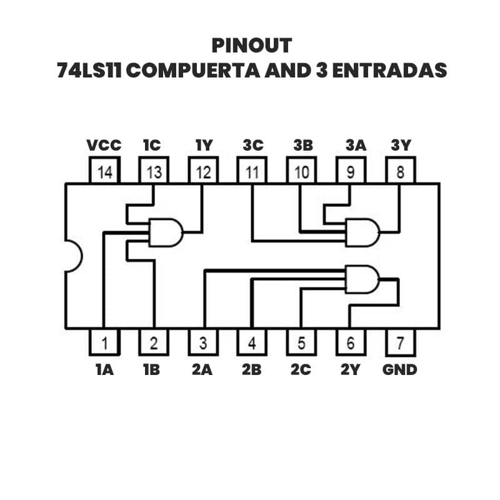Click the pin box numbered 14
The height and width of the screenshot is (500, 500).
[104, 172]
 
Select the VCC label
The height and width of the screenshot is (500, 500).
[104, 146]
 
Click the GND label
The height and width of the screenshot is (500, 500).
[400, 369]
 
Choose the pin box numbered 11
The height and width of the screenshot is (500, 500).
[252, 172]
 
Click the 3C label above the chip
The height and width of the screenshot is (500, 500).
[253, 146]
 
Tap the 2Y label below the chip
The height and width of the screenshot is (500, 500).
[351, 369]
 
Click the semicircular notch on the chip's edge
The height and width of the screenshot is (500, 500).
[72, 257]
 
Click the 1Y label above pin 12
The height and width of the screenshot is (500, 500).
[204, 146]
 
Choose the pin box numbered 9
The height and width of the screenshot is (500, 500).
[351, 172]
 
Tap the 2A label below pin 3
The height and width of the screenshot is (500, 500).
[202, 369]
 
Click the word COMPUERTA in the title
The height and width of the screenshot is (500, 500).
[192, 70]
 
